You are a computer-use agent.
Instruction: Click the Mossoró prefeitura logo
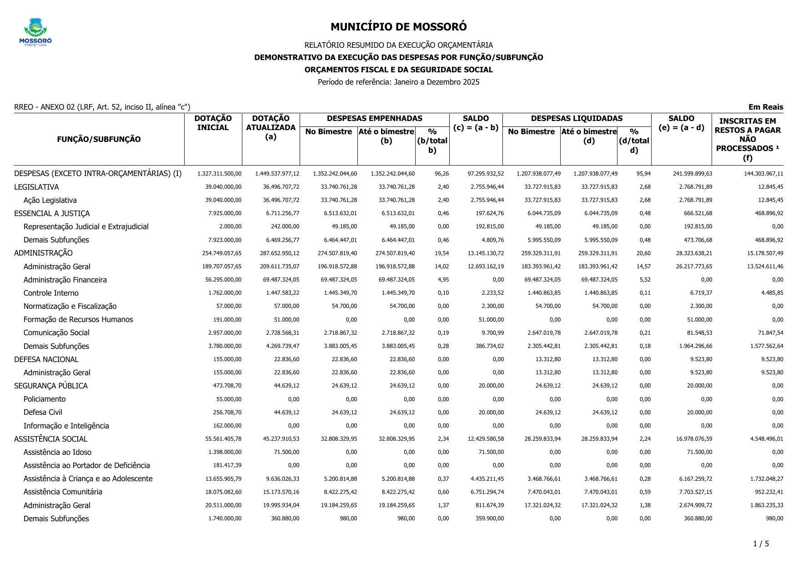click(x=35, y=32)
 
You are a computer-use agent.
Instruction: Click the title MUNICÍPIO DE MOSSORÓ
click(x=398, y=27)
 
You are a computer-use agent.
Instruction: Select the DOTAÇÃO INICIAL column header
click(x=213, y=123)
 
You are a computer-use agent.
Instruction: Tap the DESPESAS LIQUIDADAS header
click(x=577, y=119)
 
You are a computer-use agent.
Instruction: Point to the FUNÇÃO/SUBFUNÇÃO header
click(x=99, y=140)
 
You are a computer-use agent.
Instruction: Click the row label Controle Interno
click(x=51, y=293)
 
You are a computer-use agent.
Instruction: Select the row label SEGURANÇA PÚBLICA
click(x=51, y=386)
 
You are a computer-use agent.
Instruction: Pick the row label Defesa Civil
click(x=43, y=413)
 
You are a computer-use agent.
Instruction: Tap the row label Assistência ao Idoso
click(x=57, y=453)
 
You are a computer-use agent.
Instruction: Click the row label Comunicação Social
click(x=56, y=333)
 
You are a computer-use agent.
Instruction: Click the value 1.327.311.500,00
click(x=219, y=174)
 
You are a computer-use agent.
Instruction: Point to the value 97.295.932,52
click(x=486, y=174)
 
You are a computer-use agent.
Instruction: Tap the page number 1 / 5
click(x=761, y=544)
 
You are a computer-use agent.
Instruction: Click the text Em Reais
click(x=766, y=107)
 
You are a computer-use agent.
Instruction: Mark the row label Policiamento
click(x=45, y=399)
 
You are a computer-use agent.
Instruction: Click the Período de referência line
click(x=398, y=82)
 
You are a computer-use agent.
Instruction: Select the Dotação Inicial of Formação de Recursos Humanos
click(x=227, y=320)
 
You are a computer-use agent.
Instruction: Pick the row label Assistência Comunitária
click(x=63, y=492)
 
